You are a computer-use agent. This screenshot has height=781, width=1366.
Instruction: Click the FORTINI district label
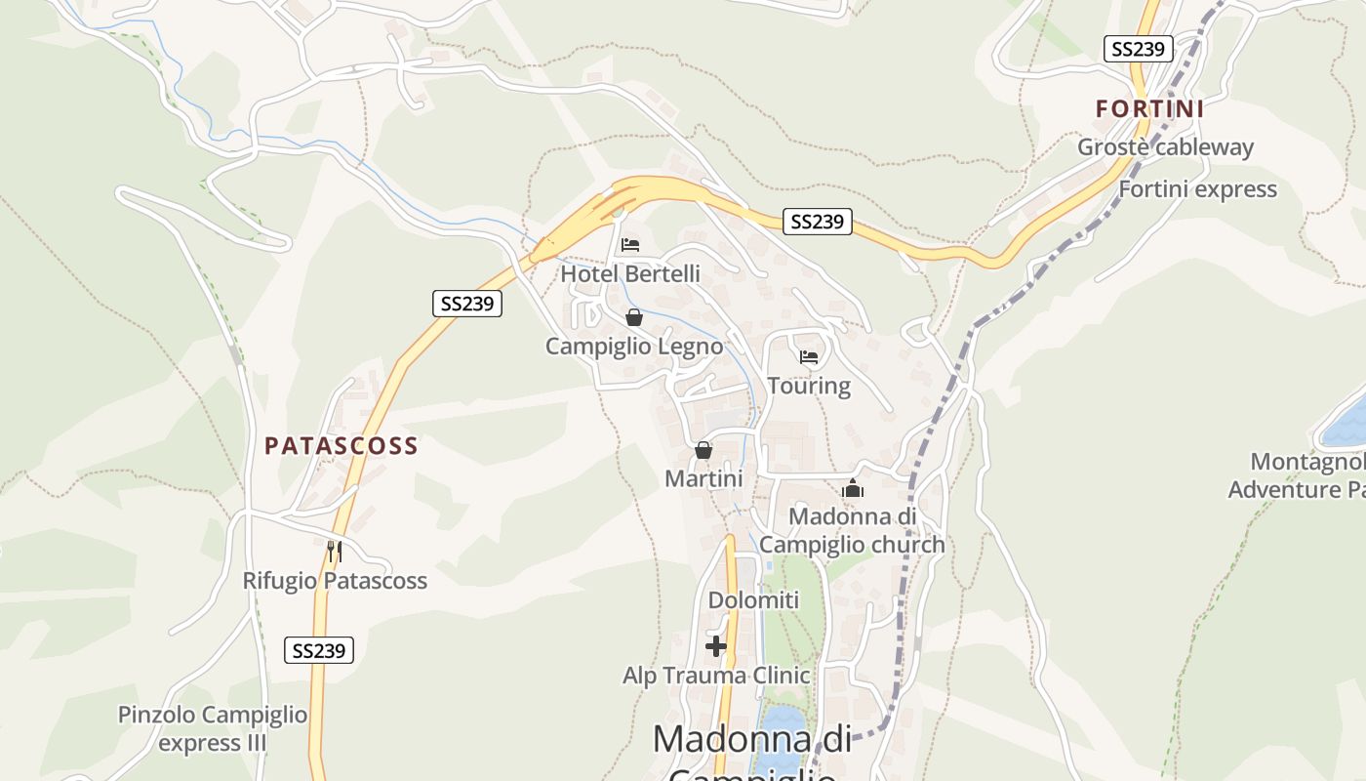(1149, 108)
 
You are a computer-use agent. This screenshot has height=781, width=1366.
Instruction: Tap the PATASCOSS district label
(341, 446)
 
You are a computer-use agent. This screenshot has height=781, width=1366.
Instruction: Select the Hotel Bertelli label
(630, 274)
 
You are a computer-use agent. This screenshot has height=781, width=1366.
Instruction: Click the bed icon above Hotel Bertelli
(630, 244)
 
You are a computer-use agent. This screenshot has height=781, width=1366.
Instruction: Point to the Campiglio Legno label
(634, 347)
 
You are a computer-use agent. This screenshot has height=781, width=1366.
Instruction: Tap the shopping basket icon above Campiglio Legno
(634, 317)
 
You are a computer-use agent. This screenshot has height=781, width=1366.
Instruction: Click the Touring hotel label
(809, 386)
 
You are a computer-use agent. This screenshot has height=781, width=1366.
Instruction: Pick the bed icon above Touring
(809, 356)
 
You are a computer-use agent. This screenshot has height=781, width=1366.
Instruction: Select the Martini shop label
(703, 478)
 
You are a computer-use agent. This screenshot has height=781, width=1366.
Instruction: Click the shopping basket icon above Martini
(703, 450)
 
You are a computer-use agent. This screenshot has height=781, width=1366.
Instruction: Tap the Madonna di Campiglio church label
(853, 530)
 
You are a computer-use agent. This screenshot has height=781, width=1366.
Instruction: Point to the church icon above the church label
(853, 488)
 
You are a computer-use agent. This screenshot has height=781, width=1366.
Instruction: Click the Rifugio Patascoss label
(335, 581)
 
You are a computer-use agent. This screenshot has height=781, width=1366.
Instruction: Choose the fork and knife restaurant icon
(335, 552)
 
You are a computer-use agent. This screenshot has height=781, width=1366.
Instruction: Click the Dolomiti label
(753, 600)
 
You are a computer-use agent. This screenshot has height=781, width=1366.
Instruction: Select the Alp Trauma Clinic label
(716, 676)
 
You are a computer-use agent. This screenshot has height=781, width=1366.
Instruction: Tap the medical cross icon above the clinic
(716, 646)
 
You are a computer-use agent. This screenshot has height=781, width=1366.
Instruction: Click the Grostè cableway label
(1165, 147)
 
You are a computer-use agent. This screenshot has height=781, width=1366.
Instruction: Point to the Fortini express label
(1197, 189)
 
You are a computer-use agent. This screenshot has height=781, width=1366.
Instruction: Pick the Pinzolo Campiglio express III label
(213, 728)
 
